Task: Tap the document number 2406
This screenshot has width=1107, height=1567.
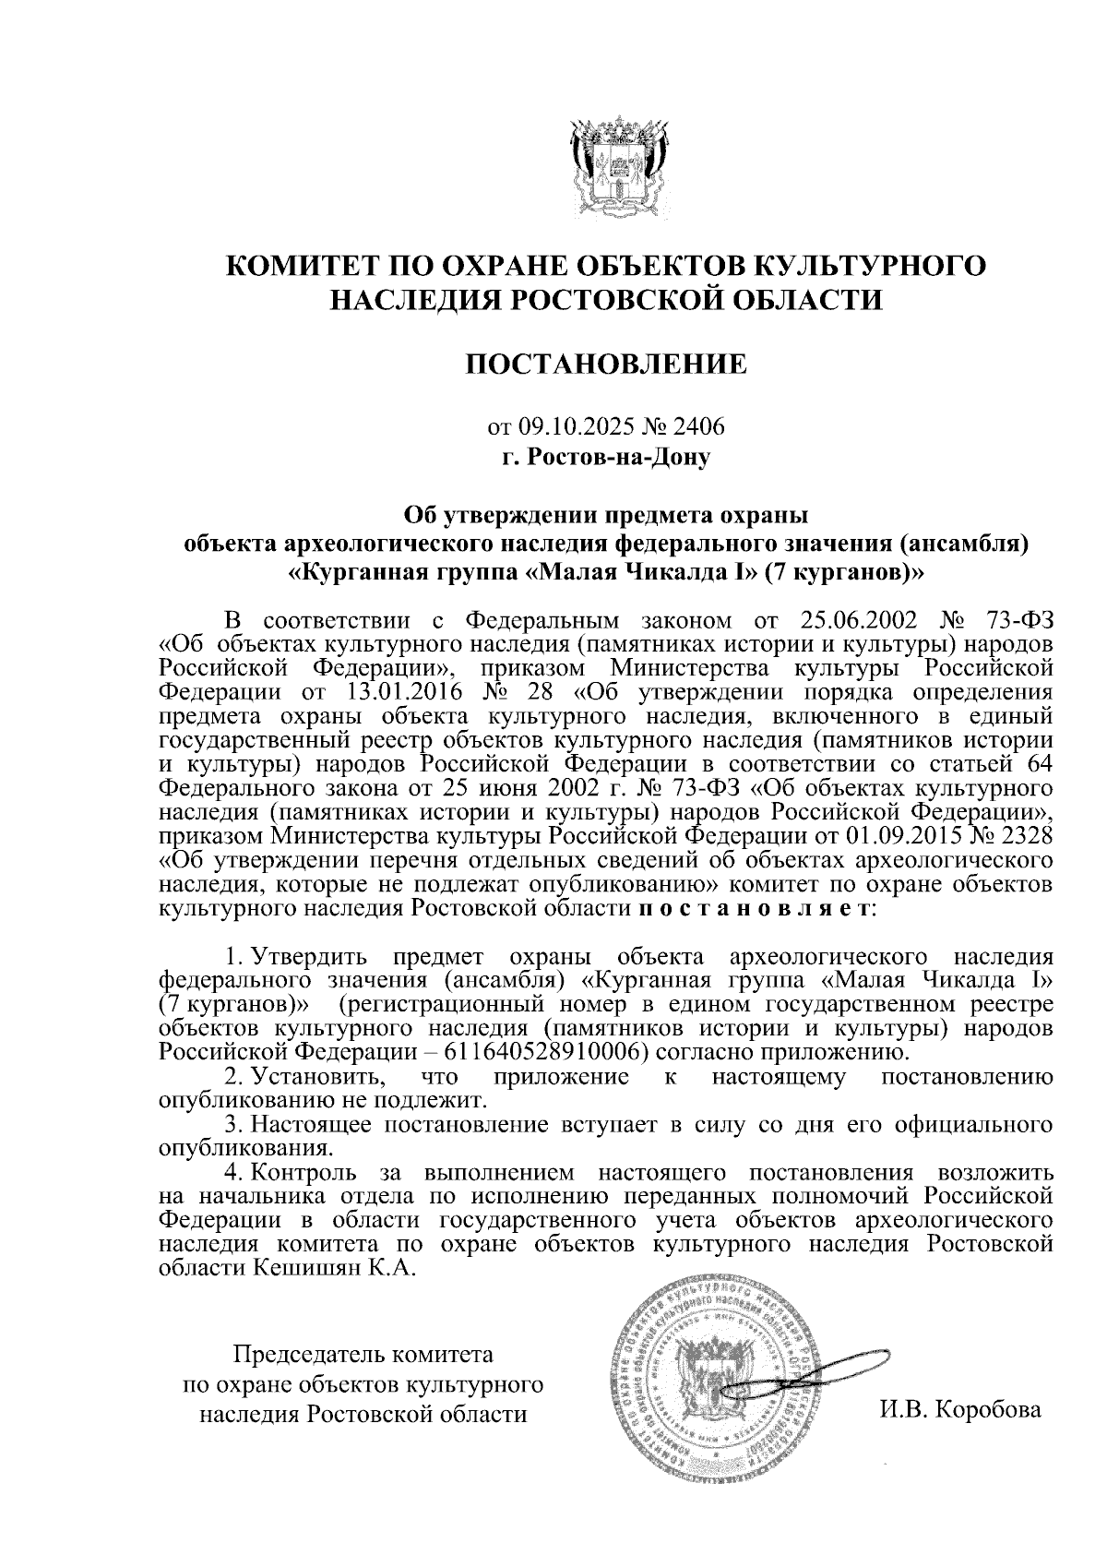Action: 699,427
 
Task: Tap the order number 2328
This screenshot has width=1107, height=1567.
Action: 1021,836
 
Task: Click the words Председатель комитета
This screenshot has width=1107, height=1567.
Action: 363,1356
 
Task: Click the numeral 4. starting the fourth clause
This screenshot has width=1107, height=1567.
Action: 236,1173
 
